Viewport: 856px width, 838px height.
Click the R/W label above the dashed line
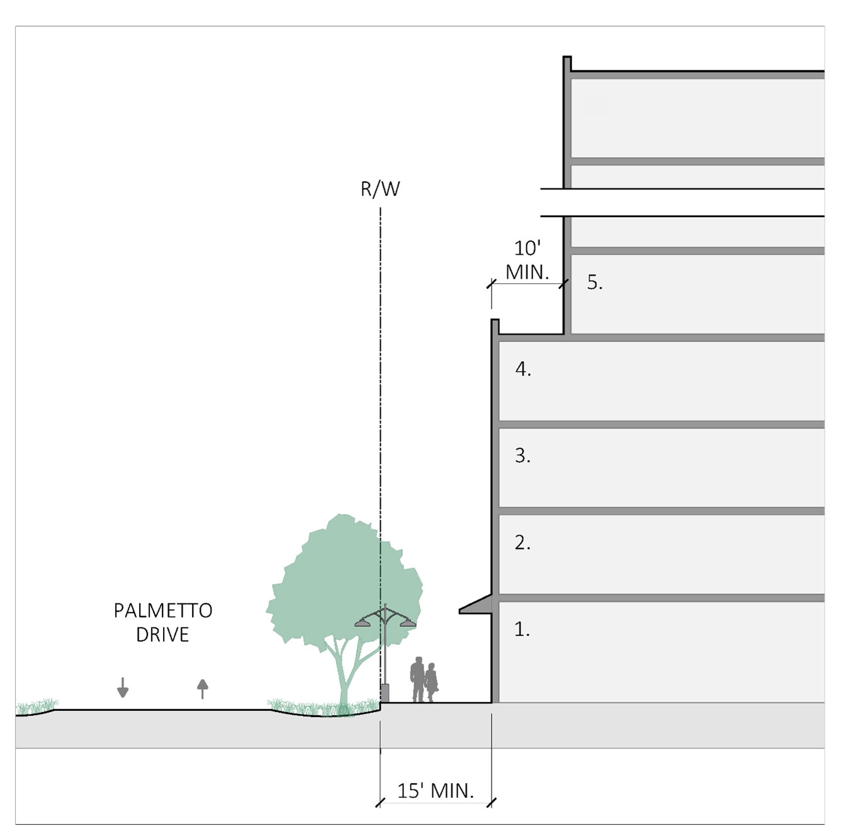380,189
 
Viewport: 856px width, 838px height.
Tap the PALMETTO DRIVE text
163,622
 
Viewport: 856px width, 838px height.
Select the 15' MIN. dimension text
436,790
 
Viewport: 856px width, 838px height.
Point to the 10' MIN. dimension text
527,260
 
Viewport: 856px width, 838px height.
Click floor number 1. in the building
522,628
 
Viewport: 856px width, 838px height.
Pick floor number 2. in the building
522,542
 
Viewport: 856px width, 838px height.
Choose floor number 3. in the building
522,455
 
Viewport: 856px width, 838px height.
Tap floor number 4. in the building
523,369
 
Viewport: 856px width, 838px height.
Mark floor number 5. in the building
595,282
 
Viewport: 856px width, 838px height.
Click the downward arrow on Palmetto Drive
123,688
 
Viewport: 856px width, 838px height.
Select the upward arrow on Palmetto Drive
202,688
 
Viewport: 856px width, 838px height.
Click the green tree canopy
340,579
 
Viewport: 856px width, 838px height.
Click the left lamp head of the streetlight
363,623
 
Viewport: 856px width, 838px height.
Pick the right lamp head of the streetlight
408,623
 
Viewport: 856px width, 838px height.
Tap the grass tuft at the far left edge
37,707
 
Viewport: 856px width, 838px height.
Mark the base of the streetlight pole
385,693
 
